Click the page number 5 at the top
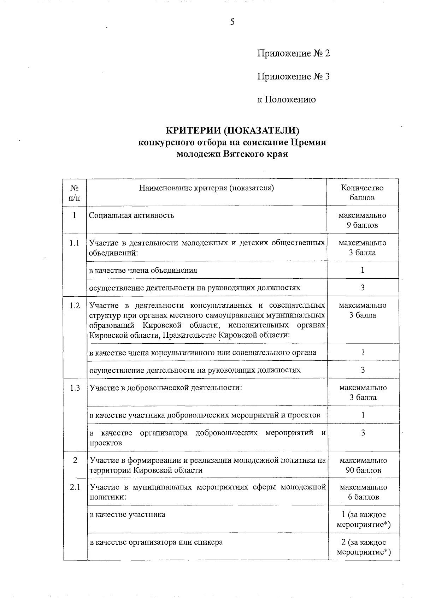click(232, 22)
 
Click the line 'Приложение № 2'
click(293, 53)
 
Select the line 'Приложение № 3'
click(293, 76)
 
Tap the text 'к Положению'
click(286, 100)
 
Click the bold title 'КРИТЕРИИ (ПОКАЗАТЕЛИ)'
click(232, 131)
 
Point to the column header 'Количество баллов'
click(362, 193)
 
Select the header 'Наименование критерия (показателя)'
click(207, 188)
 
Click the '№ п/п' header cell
click(75, 193)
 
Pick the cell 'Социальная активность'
click(131, 215)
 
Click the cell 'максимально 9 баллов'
click(362, 220)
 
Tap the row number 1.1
click(75, 243)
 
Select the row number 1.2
click(75, 306)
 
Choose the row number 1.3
click(75, 388)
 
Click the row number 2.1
click(75, 487)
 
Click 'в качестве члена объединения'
click(143, 270)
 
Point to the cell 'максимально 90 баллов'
click(363, 465)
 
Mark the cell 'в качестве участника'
click(128, 514)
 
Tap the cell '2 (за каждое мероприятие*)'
click(364, 547)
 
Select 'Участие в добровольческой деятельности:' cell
click(166, 388)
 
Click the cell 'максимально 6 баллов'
click(363, 492)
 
